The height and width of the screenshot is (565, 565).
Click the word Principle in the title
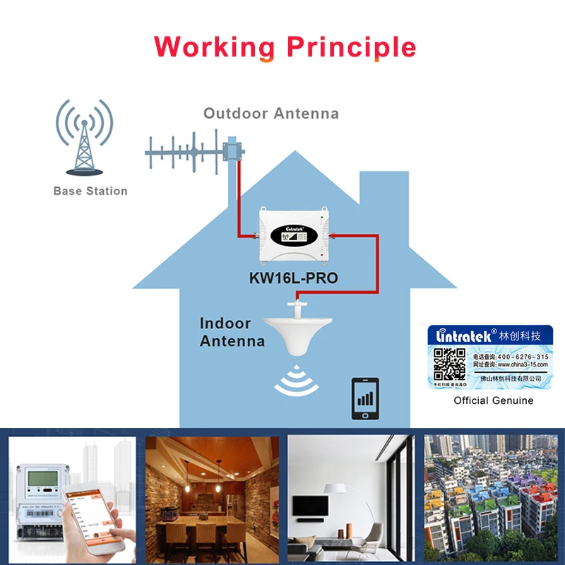351,47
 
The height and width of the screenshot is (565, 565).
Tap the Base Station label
90,191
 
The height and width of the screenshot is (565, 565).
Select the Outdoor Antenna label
270,113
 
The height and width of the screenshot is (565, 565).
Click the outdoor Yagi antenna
191,152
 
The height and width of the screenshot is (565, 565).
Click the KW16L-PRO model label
293,278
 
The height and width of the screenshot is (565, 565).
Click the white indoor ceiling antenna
297,335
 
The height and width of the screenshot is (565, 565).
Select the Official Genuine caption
493,400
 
